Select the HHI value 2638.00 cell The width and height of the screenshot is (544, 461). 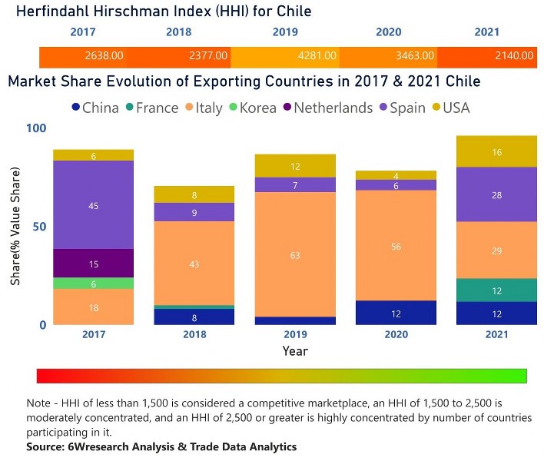(104, 56)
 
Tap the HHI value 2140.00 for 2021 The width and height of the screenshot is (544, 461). (514, 56)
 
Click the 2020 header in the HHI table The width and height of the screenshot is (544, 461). (388, 32)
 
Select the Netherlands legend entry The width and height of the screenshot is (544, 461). (326, 108)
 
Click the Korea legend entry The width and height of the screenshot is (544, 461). (252, 108)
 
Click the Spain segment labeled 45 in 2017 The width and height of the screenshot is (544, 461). (93, 205)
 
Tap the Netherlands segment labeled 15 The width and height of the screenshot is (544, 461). (93, 264)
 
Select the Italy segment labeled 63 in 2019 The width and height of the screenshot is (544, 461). (295, 254)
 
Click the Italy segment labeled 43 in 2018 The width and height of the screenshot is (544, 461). (194, 264)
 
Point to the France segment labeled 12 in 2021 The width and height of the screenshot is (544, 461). (496, 290)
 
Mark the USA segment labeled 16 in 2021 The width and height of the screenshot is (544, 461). (496, 152)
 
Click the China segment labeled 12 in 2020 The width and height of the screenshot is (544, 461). (396, 313)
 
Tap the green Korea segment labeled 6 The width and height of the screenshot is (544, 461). (93, 284)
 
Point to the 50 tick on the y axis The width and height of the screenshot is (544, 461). (37, 227)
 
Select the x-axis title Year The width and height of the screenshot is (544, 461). (294, 352)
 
